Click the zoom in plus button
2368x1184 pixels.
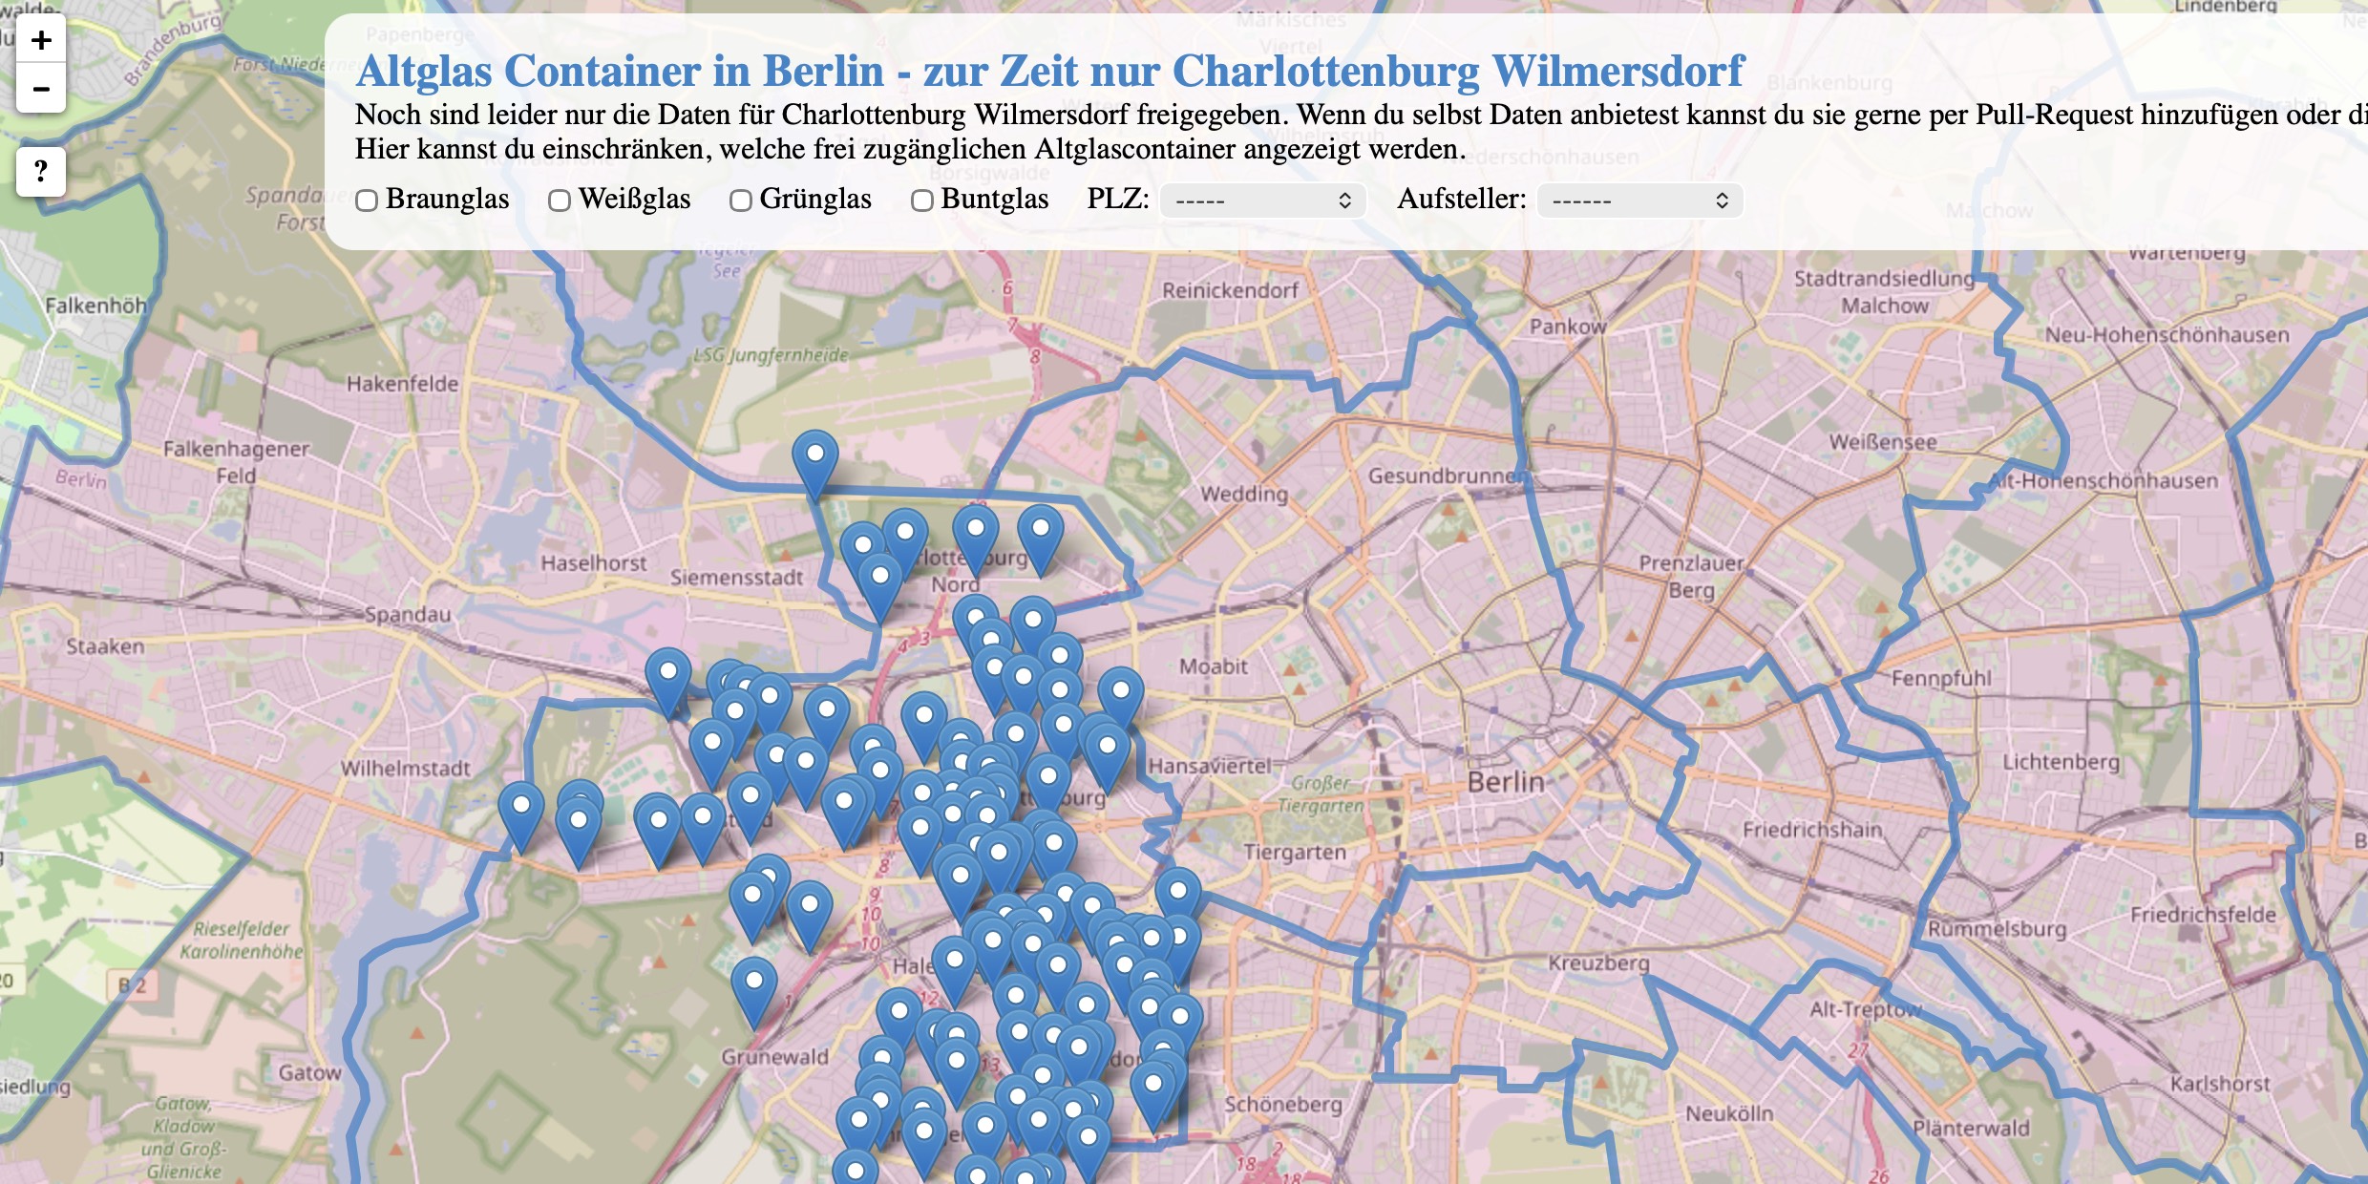coord(41,40)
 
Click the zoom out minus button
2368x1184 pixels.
coord(41,90)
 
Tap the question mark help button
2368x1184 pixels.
coord(41,172)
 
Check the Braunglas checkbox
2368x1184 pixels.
coord(367,201)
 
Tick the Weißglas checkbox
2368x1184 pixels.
coord(560,201)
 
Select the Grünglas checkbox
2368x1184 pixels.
coord(741,201)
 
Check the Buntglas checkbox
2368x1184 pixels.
coord(921,201)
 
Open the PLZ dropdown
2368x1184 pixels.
coord(1262,201)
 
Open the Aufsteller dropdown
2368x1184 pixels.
coord(1639,201)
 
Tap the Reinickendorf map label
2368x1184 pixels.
coord(1230,290)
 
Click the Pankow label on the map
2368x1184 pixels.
coord(1568,327)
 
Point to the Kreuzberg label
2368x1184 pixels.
coord(1598,962)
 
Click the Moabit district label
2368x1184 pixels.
coord(1213,666)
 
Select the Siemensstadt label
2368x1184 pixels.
coord(736,577)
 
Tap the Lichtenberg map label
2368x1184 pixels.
coord(2061,762)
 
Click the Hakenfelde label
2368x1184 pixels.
coord(402,384)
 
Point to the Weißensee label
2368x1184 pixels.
coord(1883,442)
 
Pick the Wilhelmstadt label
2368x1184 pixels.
coord(406,768)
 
